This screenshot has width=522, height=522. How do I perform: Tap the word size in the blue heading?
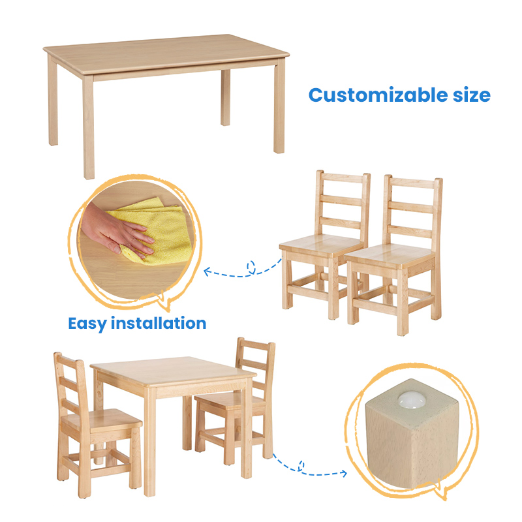click(471, 95)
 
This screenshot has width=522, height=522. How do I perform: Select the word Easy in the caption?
click(87, 324)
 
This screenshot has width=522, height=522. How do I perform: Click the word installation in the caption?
click(159, 323)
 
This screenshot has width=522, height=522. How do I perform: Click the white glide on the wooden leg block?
click(412, 399)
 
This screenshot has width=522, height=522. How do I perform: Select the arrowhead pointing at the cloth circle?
click(207, 271)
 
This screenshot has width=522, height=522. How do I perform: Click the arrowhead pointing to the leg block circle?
click(343, 473)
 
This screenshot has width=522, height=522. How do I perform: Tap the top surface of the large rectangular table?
click(166, 54)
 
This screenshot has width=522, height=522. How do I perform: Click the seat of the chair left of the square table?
click(102, 420)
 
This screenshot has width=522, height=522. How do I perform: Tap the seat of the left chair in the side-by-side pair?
click(321, 244)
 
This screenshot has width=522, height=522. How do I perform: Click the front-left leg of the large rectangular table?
click(89, 127)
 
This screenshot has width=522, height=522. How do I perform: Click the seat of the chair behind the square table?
click(230, 399)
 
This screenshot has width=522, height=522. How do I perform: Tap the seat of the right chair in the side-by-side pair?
click(390, 254)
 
